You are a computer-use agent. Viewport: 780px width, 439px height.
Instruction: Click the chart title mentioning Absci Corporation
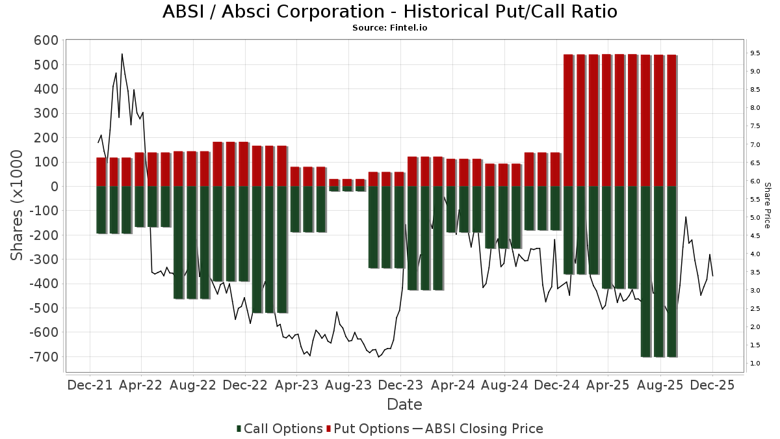(389, 12)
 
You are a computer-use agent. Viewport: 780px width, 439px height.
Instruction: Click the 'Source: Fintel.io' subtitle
(389, 28)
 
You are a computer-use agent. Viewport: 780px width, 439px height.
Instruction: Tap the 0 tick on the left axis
(55, 187)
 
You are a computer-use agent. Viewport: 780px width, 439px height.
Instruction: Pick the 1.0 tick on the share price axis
(755, 363)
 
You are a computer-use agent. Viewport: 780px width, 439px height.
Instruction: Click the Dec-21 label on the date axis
(90, 385)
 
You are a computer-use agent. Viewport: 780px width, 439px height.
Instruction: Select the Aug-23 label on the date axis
(348, 385)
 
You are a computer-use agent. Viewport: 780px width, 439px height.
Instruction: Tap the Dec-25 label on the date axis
(712, 385)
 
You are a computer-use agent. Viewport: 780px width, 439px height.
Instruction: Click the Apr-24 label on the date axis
(452, 385)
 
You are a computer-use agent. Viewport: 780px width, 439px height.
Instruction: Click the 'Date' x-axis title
(404, 405)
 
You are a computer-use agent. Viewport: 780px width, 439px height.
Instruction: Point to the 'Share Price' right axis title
(767, 205)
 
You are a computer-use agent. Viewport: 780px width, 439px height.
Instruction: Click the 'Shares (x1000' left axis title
(18, 205)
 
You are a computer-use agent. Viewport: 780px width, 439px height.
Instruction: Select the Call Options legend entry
(279, 429)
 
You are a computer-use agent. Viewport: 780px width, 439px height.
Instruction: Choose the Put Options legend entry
(368, 429)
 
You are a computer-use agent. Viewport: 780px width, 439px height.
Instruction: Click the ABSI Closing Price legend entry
(478, 429)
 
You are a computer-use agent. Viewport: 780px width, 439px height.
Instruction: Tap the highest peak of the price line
(122, 54)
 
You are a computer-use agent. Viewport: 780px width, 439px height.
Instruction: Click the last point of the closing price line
(713, 276)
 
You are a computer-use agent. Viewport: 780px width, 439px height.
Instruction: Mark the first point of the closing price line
(98, 143)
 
